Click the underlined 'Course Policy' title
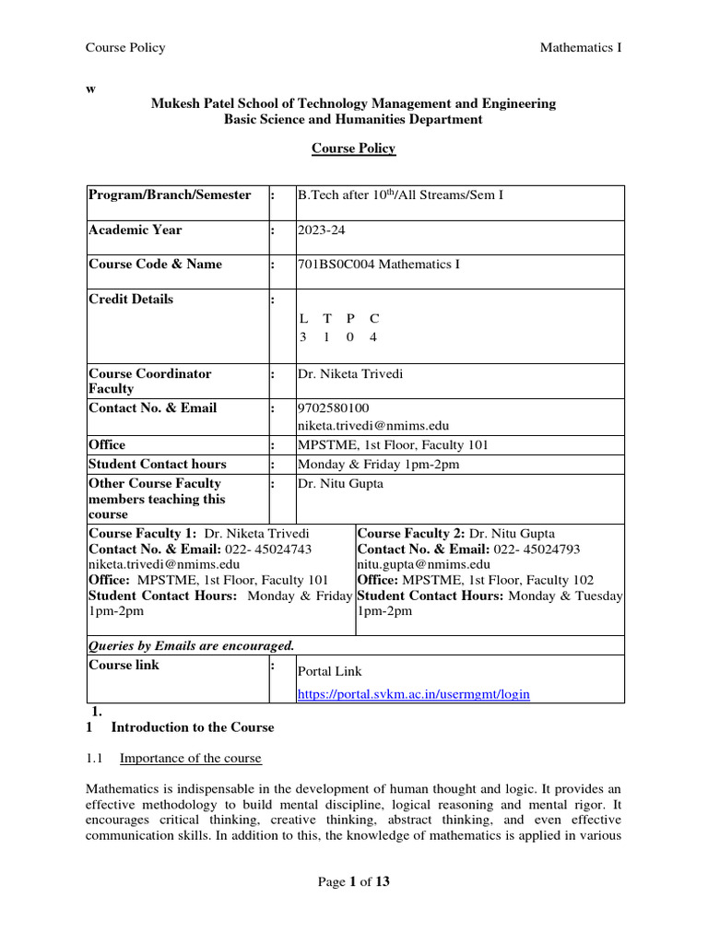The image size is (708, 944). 353,148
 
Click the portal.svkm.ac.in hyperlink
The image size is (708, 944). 413,693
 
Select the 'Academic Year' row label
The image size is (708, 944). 135,230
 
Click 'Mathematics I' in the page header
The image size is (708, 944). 580,48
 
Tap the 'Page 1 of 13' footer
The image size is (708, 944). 354,882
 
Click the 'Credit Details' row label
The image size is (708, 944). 130,299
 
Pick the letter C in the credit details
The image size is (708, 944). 373,319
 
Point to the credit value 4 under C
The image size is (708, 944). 373,337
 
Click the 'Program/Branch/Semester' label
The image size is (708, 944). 169,195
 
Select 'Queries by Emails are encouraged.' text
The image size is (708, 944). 191,645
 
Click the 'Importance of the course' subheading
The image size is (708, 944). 191,758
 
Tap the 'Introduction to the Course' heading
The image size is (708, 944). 193,727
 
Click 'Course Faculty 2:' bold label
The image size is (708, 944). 411,533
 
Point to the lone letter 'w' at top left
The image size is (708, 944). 90,88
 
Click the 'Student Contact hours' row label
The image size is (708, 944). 157,464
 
